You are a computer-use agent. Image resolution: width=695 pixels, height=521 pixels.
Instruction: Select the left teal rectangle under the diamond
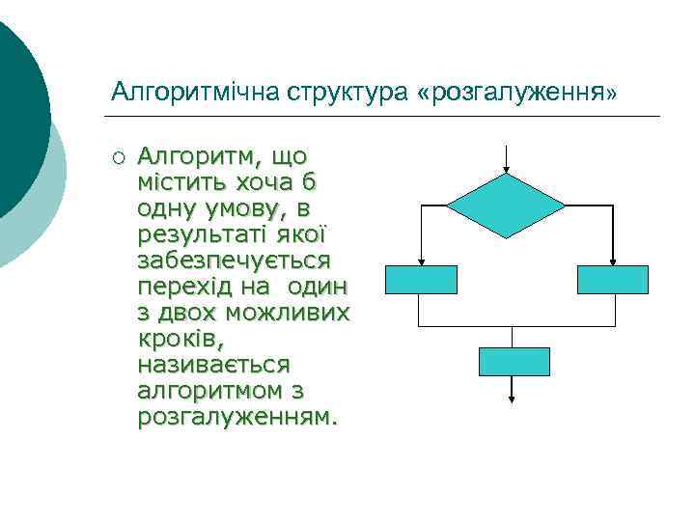pyautogui.click(x=421, y=280)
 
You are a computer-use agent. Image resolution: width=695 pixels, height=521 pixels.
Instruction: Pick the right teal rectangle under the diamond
pyautogui.click(x=612, y=280)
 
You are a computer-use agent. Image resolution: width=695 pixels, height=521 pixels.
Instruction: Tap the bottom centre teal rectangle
pyautogui.click(x=514, y=361)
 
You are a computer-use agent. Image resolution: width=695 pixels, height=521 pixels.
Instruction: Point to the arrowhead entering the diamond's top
pyautogui.click(x=507, y=170)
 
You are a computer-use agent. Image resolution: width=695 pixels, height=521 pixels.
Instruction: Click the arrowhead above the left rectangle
pyautogui.click(x=421, y=260)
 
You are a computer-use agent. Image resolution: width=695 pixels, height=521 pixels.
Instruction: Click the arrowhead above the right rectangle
pyautogui.click(x=613, y=260)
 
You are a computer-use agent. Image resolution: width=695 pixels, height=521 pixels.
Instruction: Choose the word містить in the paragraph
pyautogui.click(x=181, y=181)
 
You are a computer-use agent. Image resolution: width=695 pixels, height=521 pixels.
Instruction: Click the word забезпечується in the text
pyautogui.click(x=235, y=260)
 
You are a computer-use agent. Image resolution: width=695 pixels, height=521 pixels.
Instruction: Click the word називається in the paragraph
pyautogui.click(x=213, y=366)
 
